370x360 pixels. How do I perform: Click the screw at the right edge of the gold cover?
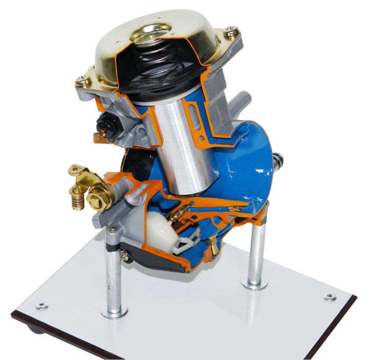click(230, 33)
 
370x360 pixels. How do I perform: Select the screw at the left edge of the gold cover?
click(82, 80)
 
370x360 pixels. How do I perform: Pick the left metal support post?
click(115, 274)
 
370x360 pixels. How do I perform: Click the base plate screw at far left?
click(41, 306)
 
